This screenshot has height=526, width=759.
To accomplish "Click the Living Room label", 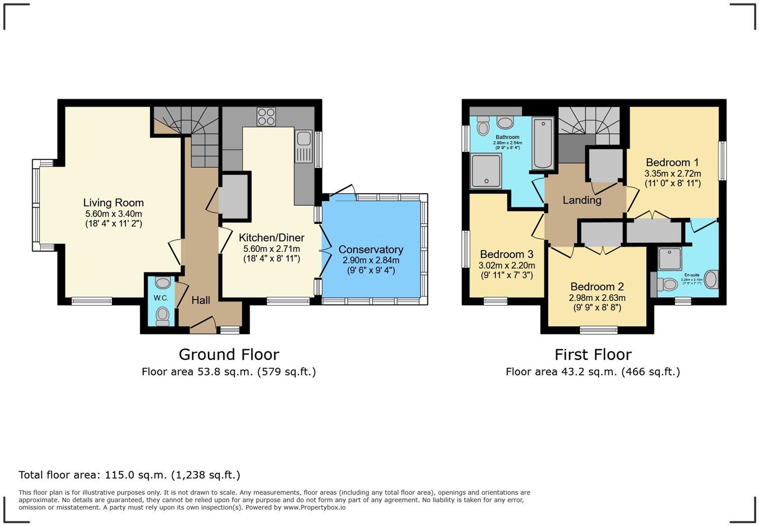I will pyautogui.click(x=113, y=203).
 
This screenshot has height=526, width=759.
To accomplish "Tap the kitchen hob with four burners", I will pyautogui.click(x=266, y=117).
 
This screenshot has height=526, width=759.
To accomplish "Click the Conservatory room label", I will pyautogui.click(x=370, y=249).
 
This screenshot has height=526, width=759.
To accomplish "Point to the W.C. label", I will pyautogui.click(x=161, y=298).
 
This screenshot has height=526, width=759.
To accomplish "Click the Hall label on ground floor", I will pyautogui.click(x=201, y=300).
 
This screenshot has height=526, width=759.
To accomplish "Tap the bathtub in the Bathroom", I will pyautogui.click(x=543, y=143).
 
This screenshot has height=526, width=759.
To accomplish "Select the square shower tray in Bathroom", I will pyautogui.click(x=485, y=171).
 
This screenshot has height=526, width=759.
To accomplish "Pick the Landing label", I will pyautogui.click(x=582, y=200).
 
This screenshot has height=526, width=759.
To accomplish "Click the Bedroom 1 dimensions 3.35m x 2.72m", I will pyautogui.click(x=672, y=174).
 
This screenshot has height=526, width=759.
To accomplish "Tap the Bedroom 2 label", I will pyautogui.click(x=597, y=287).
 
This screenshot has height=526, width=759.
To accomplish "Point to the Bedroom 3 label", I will pyautogui.click(x=507, y=254).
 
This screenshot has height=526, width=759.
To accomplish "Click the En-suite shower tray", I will pyautogui.click(x=670, y=259).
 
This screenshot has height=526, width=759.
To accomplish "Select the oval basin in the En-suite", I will pyautogui.click(x=711, y=280).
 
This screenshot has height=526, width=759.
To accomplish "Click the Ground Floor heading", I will pyautogui.click(x=229, y=354).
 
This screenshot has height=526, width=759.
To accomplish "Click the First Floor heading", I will pyautogui.click(x=593, y=354).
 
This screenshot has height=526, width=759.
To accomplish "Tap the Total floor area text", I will pyautogui.click(x=130, y=475).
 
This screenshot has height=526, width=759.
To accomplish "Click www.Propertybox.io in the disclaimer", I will pyautogui.click(x=314, y=507).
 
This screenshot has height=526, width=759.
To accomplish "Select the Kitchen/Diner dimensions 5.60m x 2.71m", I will pyautogui.click(x=272, y=249).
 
